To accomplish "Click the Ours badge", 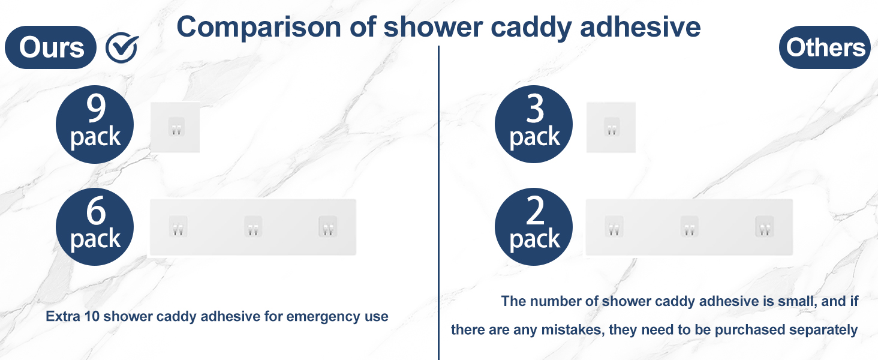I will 51,48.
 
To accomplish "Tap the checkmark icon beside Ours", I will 122,48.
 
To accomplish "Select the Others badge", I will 825,48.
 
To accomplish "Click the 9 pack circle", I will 95,125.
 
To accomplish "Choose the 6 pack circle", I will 95,227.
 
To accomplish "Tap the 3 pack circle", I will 534,125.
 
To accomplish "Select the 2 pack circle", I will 534,227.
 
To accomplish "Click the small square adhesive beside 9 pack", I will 175,127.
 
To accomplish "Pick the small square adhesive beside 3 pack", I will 611,127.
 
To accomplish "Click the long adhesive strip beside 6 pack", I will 252,227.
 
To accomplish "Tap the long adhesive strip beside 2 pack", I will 689,227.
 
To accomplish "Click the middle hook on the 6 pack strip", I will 253,227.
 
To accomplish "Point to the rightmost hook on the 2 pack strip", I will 764,227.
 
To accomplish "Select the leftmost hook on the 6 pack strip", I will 178,227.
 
